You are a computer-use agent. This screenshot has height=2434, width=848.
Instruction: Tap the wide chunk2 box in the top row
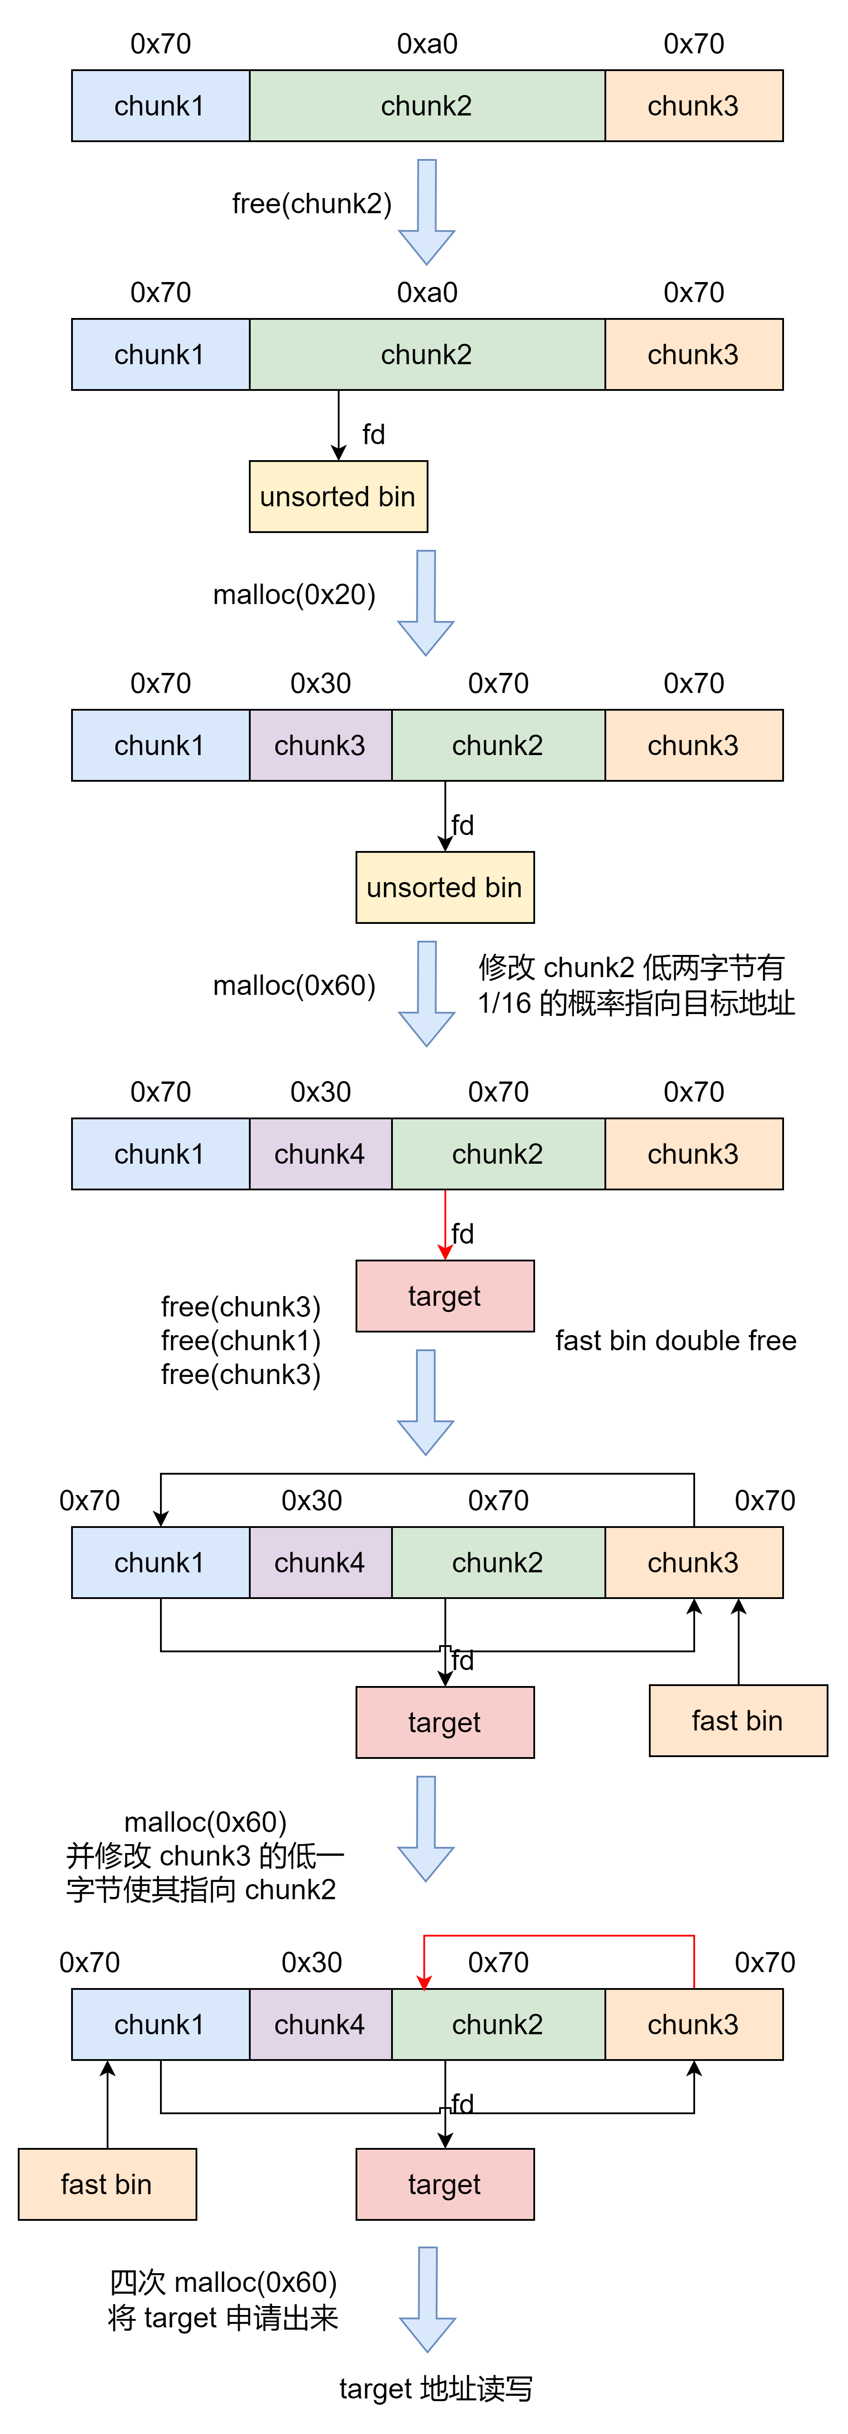coord(426,106)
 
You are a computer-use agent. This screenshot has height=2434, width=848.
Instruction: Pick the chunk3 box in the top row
coord(693,106)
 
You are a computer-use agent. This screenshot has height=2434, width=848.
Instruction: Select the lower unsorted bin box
coord(444,887)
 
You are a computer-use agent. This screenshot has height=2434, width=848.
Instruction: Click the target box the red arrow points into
coord(444,1297)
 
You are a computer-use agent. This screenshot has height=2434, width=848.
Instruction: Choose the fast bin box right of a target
coord(737,1721)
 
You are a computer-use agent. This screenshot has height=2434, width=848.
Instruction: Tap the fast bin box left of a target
coord(107,2184)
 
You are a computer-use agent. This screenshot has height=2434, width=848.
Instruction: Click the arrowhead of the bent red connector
coord(424,1982)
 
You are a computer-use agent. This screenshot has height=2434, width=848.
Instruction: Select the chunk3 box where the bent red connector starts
coord(693,2025)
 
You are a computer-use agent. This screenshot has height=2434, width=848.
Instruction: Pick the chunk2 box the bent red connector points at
coord(497,2025)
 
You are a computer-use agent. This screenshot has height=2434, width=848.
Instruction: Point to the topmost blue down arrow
coord(426,212)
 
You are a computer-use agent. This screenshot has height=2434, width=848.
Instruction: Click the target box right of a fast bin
coord(444,2184)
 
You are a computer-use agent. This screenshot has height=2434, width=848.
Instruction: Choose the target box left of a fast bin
coord(444,1722)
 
